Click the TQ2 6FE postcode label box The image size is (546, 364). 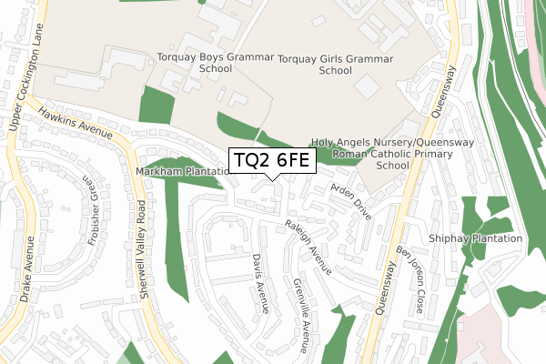(x=272, y=161)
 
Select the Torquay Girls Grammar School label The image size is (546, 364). (x=336, y=65)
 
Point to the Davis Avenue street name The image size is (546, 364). (x=261, y=282)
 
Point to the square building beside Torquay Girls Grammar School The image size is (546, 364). (x=367, y=87)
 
